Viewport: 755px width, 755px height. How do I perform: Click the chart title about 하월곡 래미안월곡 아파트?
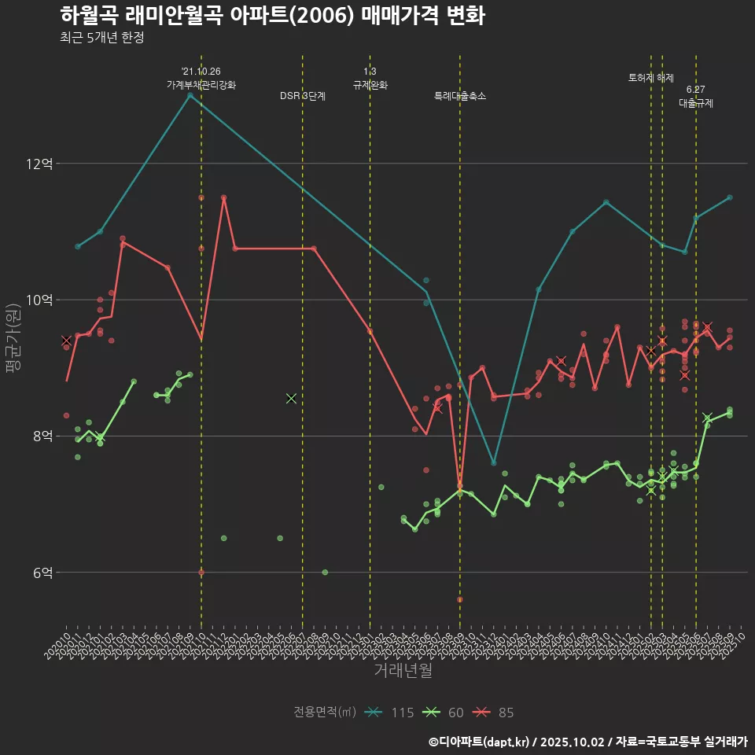coord(271,16)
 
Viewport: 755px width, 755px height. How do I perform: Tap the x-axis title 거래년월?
coord(402,671)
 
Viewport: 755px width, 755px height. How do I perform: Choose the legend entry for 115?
coord(390,713)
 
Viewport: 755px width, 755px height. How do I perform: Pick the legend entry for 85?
coord(494,713)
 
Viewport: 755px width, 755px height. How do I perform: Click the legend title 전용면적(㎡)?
coord(324,713)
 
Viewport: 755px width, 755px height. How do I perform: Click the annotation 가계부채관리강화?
coord(201,84)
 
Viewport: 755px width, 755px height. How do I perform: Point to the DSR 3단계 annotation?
coord(303,96)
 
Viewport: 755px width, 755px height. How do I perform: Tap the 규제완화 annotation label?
coord(370,84)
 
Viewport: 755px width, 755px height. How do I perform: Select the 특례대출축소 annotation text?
coord(460,96)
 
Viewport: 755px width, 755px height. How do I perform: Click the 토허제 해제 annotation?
coord(651,78)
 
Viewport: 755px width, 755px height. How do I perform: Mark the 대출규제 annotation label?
coord(696,103)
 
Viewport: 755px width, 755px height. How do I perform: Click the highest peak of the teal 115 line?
coord(190,95)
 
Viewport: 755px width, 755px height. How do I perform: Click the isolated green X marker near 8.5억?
coord(291,399)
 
